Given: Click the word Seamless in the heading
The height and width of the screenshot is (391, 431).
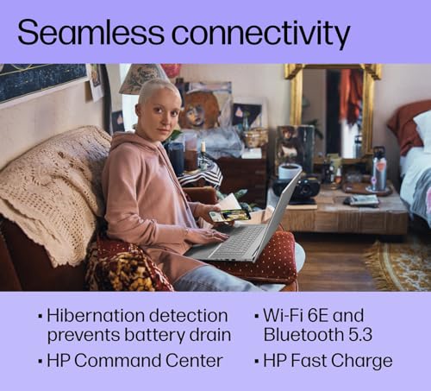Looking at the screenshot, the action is click(x=91, y=31).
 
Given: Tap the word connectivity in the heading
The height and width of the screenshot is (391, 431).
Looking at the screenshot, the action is click(x=260, y=35).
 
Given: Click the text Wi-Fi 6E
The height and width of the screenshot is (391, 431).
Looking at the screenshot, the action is click(x=296, y=315).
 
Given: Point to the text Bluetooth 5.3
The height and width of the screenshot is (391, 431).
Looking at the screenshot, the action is click(x=318, y=335).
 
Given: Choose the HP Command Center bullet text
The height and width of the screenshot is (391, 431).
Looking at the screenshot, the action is click(x=134, y=361).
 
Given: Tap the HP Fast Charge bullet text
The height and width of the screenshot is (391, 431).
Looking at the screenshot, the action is click(x=328, y=362).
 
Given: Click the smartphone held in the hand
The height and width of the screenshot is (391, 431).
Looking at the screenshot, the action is click(x=229, y=216).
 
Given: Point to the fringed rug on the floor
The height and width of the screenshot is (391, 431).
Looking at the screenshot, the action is click(x=398, y=264).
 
